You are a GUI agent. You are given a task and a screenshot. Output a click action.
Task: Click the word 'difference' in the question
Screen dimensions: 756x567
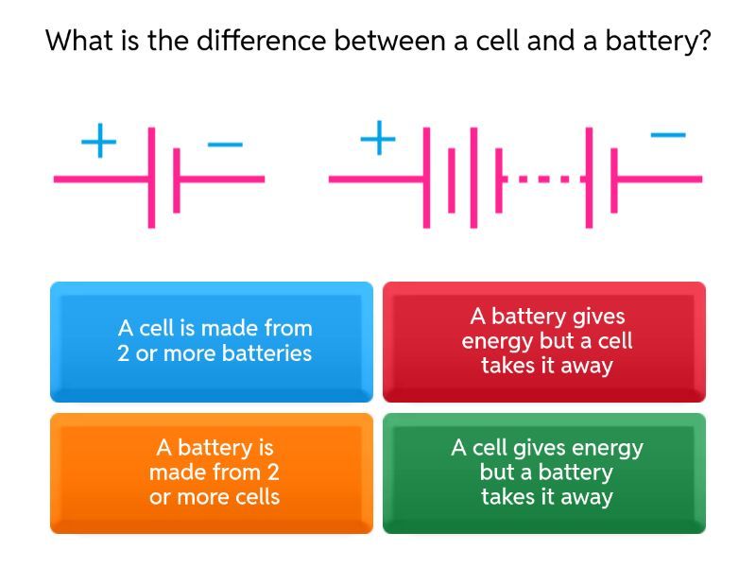click(262, 40)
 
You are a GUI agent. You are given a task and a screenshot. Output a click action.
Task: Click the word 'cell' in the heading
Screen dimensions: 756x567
click(498, 40)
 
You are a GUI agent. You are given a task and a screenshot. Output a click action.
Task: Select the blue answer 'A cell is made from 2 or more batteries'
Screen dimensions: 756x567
click(212, 342)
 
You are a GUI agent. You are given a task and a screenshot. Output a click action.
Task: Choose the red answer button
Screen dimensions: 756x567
click(544, 342)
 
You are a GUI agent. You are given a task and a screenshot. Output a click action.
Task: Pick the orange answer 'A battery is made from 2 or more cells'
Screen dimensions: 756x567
click(212, 473)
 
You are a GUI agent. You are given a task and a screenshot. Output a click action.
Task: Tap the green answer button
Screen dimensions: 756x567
click(544, 473)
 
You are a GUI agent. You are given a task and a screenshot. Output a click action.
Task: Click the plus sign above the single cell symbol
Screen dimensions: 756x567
click(99, 141)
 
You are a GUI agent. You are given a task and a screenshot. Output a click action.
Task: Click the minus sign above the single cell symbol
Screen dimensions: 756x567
click(225, 144)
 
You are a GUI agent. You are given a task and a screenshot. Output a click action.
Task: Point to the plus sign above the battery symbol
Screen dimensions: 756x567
click(379, 138)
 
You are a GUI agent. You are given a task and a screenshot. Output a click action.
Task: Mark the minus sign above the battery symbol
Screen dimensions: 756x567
click(668, 135)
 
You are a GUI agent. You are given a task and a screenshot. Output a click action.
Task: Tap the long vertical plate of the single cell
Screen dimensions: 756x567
click(151, 178)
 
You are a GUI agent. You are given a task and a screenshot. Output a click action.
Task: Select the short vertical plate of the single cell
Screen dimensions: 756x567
click(177, 180)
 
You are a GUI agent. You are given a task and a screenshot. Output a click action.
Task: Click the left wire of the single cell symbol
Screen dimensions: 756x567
click(101, 180)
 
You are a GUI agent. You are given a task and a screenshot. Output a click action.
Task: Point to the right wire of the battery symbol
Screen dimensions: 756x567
click(660, 180)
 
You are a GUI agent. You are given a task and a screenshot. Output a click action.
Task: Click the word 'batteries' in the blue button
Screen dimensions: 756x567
click(267, 353)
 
